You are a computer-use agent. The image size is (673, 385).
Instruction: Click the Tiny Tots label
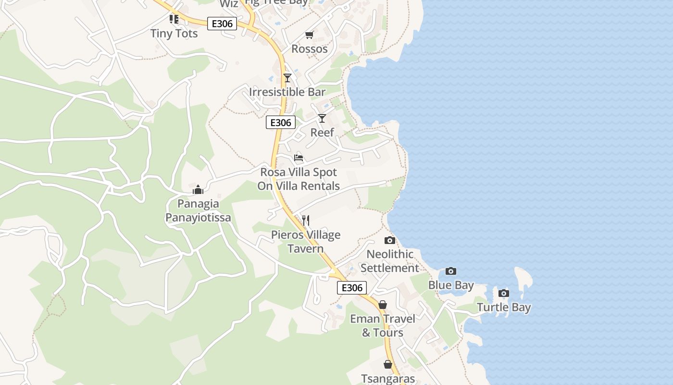click(174, 34)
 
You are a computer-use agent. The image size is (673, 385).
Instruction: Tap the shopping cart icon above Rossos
click(309, 35)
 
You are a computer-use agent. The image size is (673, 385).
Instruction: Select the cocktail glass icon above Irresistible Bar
click(287, 77)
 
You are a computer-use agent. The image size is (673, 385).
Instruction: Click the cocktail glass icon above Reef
click(322, 118)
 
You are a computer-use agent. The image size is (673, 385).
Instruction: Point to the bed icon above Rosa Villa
click(299, 157)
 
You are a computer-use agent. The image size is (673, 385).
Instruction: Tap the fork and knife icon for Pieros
click(305, 220)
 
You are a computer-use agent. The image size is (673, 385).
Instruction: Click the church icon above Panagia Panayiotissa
click(198, 190)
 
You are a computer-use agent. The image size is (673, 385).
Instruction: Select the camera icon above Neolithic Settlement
click(390, 240)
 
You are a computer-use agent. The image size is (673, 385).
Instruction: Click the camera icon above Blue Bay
click(450, 271)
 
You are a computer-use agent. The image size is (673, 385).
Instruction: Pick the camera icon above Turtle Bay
click(503, 293)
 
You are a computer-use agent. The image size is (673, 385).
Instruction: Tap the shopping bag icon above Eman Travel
click(383, 305)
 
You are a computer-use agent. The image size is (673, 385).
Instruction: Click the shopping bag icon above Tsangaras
click(388, 365)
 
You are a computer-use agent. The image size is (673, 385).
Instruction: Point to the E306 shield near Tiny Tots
click(222, 24)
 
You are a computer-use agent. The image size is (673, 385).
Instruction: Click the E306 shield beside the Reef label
click(281, 123)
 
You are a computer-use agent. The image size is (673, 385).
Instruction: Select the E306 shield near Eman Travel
click(352, 288)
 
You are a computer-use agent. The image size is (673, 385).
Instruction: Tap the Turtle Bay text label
click(504, 308)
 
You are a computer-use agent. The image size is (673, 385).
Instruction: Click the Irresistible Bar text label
click(287, 92)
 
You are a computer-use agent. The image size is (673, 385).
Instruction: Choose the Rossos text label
click(310, 49)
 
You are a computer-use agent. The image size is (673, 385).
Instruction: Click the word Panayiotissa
click(198, 218)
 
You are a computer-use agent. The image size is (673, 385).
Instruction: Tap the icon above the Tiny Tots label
click(174, 19)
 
